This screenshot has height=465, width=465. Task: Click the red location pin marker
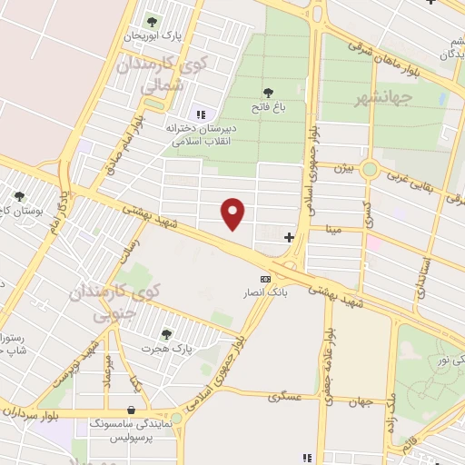coord(234,213)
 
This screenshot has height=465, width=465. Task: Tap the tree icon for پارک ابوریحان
coord(152,21)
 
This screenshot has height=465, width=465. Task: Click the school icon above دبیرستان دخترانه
coord(201,114)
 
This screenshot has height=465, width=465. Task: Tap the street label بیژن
coord(340,168)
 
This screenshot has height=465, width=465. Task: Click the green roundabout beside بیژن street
coord(370,169)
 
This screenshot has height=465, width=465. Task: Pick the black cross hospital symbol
coord(289,238)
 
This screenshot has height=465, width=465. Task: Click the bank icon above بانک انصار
coord(265,279)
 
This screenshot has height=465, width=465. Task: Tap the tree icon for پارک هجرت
coord(164,333)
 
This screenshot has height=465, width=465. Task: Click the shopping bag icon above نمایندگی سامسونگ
coord(134,410)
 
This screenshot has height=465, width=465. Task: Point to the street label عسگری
coord(284,397)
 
